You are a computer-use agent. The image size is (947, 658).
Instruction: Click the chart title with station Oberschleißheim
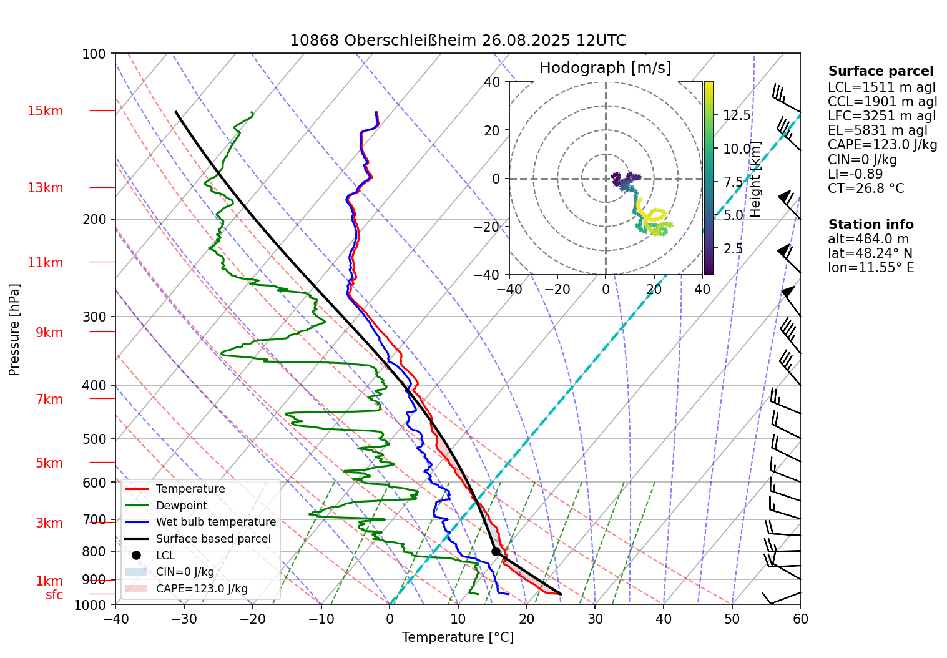tap(458, 41)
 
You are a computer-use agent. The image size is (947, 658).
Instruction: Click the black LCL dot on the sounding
tap(496, 551)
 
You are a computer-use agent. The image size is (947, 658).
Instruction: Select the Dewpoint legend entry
tap(181, 506)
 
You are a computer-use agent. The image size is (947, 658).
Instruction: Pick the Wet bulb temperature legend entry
tap(215, 522)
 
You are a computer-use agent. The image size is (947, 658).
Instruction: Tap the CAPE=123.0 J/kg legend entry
tap(201, 589)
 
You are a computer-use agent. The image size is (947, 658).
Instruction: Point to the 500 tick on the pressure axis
tap(94, 439)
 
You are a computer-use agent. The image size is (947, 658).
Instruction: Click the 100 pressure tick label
tap(94, 54)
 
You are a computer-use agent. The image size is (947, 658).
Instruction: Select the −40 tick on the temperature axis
tap(115, 619)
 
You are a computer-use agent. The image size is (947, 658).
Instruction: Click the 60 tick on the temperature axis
tap(800, 619)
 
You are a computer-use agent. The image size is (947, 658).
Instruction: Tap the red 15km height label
tap(45, 111)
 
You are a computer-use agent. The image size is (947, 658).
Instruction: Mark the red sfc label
tap(54, 595)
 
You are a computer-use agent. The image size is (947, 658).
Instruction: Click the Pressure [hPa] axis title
tap(14, 330)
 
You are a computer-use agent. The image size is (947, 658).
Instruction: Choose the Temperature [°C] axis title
tap(458, 637)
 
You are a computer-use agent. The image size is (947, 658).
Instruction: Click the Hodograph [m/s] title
tap(605, 67)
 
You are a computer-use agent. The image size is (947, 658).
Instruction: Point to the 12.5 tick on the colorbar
tap(737, 115)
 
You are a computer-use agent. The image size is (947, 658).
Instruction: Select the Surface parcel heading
tap(881, 71)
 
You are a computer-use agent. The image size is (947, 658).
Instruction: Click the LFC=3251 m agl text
tap(881, 116)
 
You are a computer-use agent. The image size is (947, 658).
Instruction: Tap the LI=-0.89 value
tap(855, 174)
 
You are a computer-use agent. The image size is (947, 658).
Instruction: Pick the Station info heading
tap(871, 225)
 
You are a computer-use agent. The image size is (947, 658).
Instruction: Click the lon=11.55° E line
tap(871, 268)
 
